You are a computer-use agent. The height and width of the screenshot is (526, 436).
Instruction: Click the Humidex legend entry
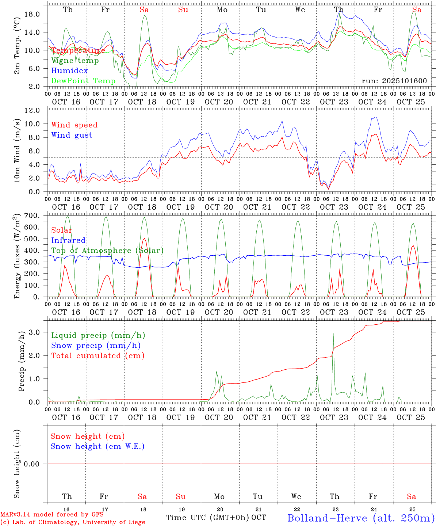(x=69, y=71)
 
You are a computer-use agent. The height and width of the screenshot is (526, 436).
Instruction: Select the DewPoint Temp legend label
(x=83, y=81)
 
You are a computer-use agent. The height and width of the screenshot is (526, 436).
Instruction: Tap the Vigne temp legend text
(x=75, y=61)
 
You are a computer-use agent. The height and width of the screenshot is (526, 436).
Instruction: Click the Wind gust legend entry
(x=72, y=135)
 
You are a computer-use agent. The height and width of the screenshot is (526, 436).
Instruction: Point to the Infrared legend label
(x=68, y=240)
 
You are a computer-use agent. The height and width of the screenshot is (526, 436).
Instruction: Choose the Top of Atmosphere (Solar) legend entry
(x=107, y=251)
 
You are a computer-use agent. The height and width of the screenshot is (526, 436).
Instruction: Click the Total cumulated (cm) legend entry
(x=97, y=356)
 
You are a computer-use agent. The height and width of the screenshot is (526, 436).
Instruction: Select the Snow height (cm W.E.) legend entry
(x=97, y=446)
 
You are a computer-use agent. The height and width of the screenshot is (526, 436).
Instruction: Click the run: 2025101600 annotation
(x=394, y=81)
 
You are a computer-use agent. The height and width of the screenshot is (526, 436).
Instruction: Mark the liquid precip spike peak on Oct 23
(x=333, y=333)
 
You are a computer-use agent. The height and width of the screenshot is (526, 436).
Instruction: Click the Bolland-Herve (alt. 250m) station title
(x=361, y=518)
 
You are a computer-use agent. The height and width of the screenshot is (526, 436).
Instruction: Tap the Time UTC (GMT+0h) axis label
(x=208, y=518)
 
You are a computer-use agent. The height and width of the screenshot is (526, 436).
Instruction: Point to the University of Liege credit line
(x=73, y=522)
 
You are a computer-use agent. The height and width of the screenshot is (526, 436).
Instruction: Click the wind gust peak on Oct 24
(x=375, y=117)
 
